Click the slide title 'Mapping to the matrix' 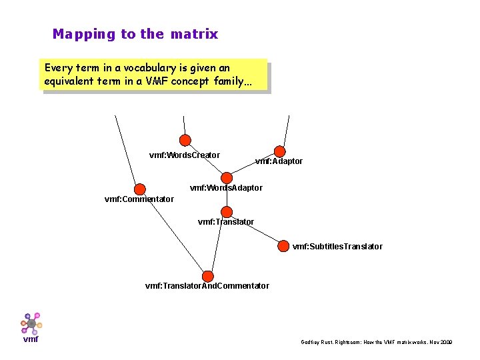coord(135,34)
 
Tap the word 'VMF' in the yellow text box coord(175,81)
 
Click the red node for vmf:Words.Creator coord(185,140)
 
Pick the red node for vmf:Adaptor coord(280,152)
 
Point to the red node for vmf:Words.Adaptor coord(227,178)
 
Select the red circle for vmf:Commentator coord(140,189)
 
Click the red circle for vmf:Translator coord(227,212)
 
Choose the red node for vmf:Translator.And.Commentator coord(207,276)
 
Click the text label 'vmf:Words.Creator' coord(184,155)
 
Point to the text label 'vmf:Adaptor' coord(279,161)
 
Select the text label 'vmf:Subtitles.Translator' coord(337,247)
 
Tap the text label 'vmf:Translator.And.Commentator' coord(207,286)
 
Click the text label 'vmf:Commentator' coord(139,199)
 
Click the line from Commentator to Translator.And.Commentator coord(173,233)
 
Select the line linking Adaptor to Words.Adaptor coord(253,165)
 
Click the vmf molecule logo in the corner coord(31,324)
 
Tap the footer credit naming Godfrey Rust coord(376,342)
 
